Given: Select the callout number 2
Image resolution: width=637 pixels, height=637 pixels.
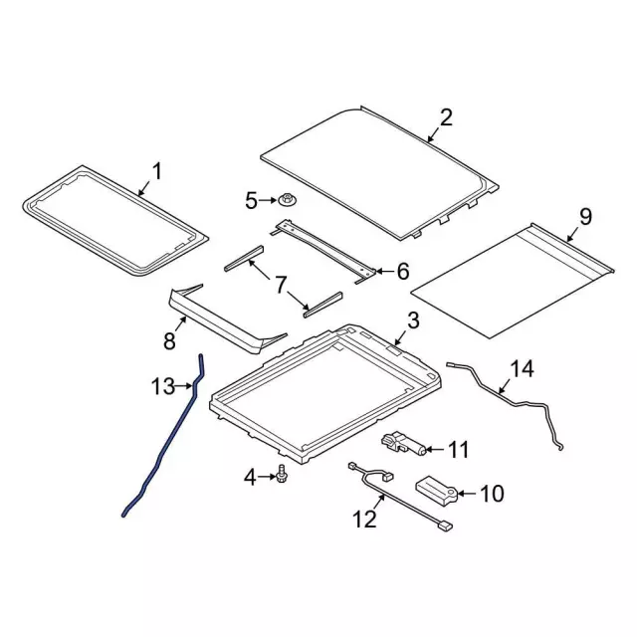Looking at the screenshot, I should (445, 118).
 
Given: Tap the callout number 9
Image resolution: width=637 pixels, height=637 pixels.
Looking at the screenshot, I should (585, 216).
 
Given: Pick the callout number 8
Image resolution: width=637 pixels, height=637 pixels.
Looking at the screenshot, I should (170, 341).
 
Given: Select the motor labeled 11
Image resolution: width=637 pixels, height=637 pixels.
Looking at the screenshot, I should (404, 442).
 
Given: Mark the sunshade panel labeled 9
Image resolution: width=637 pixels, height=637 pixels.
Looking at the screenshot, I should (513, 279).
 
